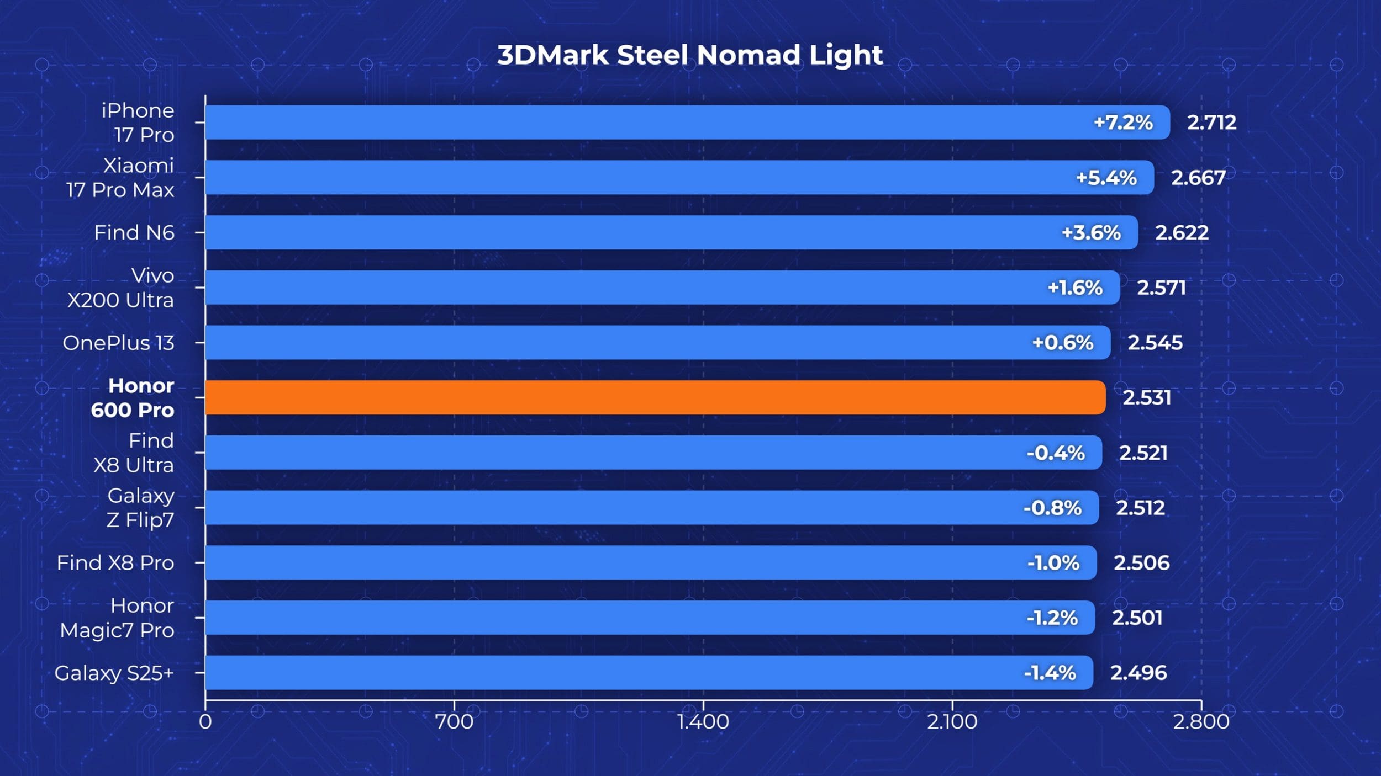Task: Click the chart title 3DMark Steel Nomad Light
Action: (689, 55)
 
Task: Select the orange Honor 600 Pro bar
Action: (655, 397)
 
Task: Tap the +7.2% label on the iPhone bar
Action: (1123, 122)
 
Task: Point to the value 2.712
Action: (1211, 122)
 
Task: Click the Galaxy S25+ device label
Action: (114, 673)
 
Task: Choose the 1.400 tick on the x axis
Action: (703, 721)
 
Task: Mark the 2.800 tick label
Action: (1201, 721)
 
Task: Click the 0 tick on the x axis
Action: (205, 721)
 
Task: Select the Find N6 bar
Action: (671, 232)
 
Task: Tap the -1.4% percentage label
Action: (1050, 673)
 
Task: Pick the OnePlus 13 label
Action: (118, 343)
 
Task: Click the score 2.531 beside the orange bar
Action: (1147, 397)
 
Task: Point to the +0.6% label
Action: (1062, 343)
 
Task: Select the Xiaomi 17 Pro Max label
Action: (120, 178)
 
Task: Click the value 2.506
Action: (1141, 562)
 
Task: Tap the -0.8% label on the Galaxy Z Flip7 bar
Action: (1052, 508)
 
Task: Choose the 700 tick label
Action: (454, 721)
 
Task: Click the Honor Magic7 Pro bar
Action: (650, 618)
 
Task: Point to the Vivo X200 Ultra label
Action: (120, 288)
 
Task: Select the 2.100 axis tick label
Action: (952, 721)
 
